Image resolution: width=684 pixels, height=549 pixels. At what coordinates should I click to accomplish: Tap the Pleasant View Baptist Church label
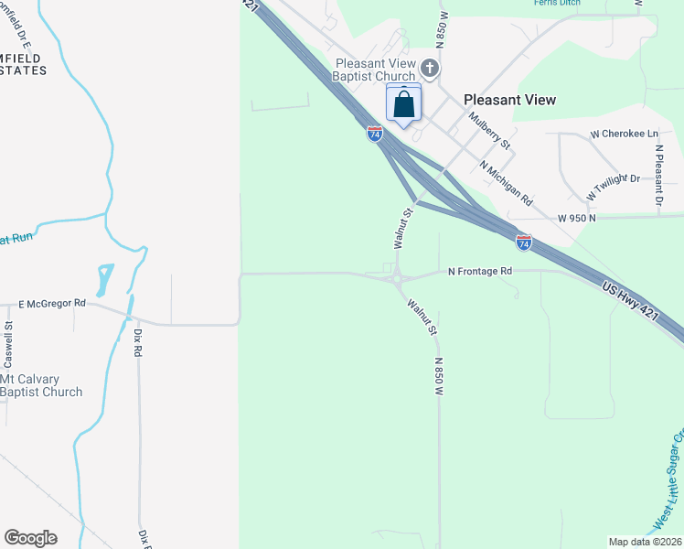click(376, 70)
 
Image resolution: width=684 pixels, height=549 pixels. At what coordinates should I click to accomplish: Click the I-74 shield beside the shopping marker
click(375, 134)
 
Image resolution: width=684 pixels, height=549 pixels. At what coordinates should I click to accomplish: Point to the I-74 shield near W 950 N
click(523, 242)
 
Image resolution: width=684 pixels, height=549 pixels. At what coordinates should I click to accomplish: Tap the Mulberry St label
click(489, 132)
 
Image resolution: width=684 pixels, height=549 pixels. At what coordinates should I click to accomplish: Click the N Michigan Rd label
click(506, 182)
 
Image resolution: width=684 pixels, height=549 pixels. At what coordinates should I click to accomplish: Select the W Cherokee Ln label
click(625, 134)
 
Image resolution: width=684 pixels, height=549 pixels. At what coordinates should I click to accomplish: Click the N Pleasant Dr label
click(657, 173)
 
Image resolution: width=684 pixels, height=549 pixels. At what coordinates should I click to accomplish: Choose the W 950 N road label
click(577, 218)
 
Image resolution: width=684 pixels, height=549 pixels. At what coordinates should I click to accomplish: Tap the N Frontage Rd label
click(480, 271)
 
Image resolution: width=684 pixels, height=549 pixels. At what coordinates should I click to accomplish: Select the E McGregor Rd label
click(52, 303)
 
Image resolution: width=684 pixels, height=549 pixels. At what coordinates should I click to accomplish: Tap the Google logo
click(30, 538)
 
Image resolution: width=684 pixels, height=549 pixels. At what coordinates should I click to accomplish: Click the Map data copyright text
click(646, 542)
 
